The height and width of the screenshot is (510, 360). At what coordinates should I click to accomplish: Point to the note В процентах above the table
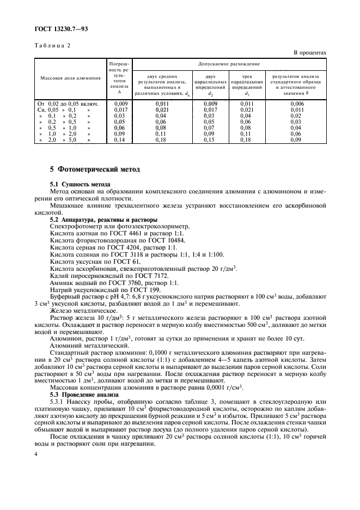pyautogui.click(x=310, y=53)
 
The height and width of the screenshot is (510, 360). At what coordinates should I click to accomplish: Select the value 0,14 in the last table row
pyautogui.click(x=120, y=139)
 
